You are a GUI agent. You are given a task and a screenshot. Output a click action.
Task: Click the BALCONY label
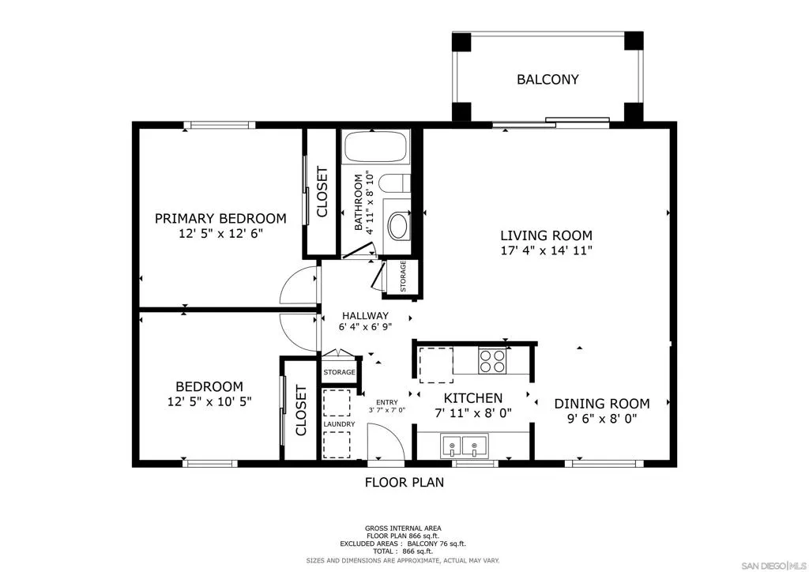pyautogui.click(x=547, y=80)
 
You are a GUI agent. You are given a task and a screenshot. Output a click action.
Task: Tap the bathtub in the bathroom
pyautogui.click(x=375, y=147)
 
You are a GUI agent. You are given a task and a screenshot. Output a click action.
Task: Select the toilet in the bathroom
pyautogui.click(x=395, y=183)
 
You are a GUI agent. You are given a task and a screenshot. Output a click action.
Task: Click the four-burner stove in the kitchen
pyautogui.click(x=492, y=360)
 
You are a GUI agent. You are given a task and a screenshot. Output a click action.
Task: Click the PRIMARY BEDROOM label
pyautogui.click(x=221, y=219)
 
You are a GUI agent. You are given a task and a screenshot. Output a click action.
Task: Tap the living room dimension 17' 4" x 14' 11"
pyautogui.click(x=547, y=250)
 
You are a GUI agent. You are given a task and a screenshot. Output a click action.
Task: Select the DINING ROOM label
pyautogui.click(x=602, y=404)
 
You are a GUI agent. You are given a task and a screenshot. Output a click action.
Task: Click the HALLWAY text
pyautogui.click(x=365, y=316)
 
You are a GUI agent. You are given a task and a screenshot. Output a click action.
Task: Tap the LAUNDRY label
pyautogui.click(x=339, y=424)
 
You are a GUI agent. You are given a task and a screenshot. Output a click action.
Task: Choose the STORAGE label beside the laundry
pyautogui.click(x=340, y=372)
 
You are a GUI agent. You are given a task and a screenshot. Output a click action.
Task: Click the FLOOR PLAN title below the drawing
pyautogui.click(x=404, y=482)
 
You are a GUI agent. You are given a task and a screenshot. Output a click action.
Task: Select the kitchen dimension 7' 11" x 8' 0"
pyautogui.click(x=473, y=413)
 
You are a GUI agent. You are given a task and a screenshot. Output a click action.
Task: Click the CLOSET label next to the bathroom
pyautogui.click(x=322, y=192)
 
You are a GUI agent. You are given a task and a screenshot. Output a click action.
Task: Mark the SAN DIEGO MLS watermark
pyautogui.click(x=773, y=565)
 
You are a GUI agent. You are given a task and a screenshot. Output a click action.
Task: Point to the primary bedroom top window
pyautogui.click(x=220, y=125)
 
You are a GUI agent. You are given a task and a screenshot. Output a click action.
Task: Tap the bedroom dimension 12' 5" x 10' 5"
pyautogui.click(x=209, y=401)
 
